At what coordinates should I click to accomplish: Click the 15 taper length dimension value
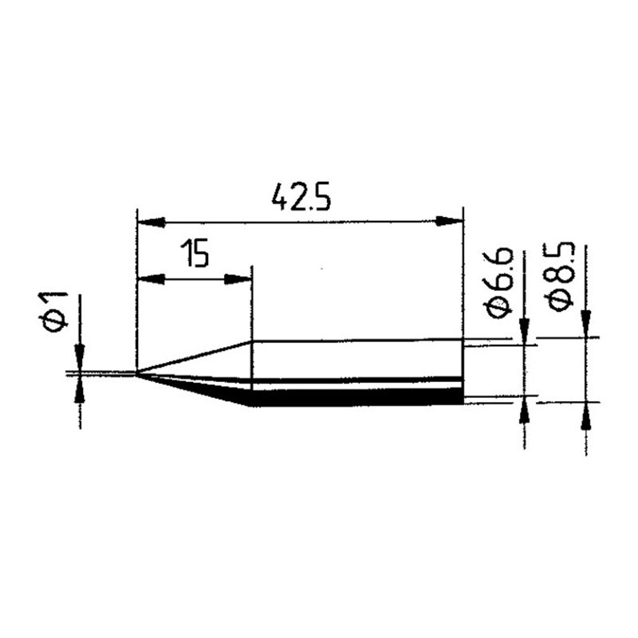194,256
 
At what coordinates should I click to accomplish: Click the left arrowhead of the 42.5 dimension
148,221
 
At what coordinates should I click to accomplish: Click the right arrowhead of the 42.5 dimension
452,221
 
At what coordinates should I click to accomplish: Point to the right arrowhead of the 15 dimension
240,279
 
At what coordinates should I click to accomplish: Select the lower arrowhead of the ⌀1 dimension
80,388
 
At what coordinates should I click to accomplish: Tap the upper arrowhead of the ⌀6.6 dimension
524,331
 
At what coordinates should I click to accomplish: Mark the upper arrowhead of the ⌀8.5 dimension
586,323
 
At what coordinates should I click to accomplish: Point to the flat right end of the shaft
463,371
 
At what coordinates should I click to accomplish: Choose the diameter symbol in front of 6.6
500,306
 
